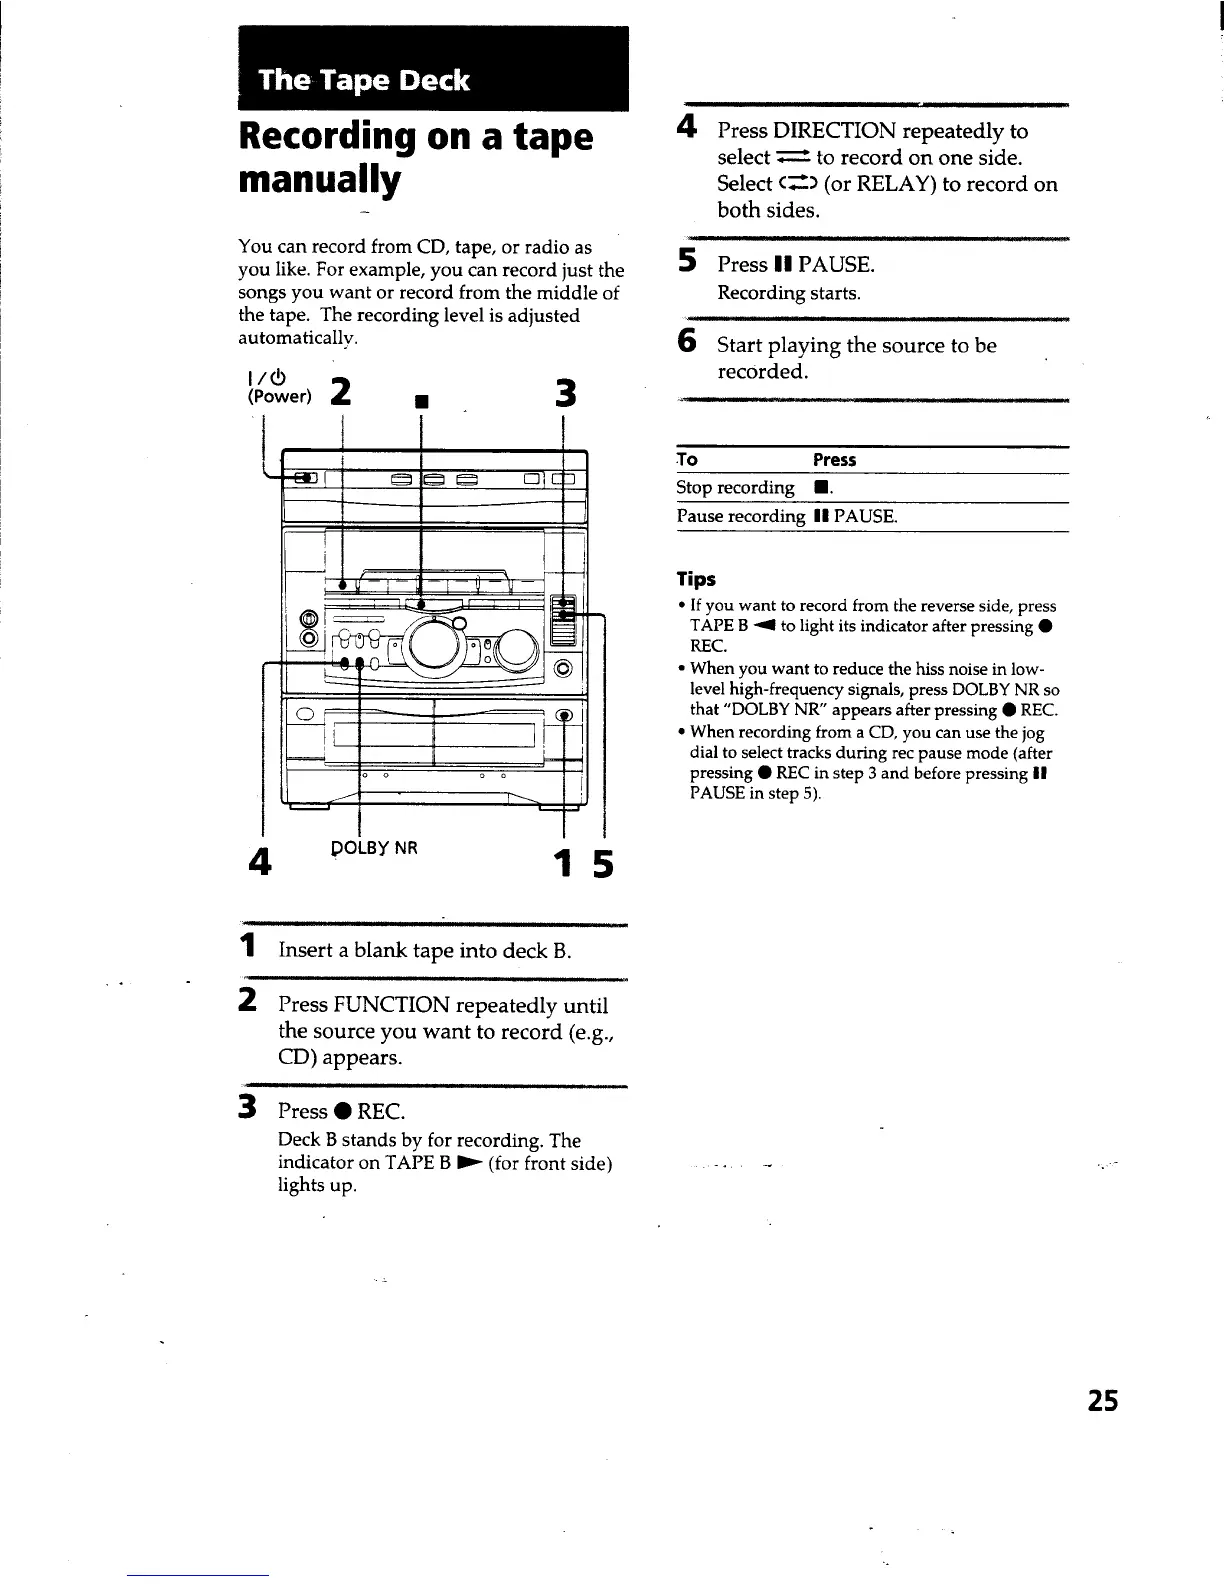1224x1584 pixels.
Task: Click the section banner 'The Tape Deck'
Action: point(364,80)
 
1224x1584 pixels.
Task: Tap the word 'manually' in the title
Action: point(319,181)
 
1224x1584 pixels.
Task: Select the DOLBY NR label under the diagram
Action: point(374,848)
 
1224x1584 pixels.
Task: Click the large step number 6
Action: point(687,342)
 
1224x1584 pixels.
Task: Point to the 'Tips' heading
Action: point(696,579)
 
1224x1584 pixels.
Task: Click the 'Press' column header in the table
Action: point(834,460)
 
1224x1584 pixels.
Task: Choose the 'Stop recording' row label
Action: point(735,488)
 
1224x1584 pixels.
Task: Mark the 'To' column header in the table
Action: point(687,460)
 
